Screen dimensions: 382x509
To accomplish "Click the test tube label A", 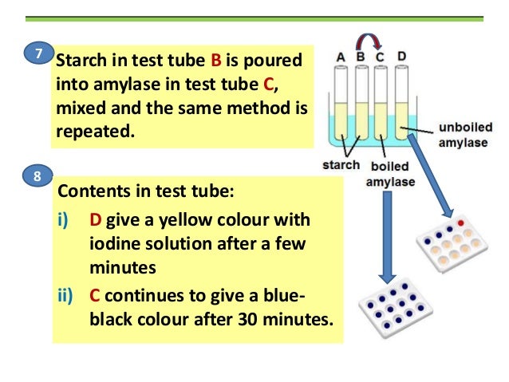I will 341,57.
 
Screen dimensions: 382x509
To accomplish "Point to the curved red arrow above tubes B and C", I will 371,41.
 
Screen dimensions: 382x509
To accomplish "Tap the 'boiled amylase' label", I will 389,174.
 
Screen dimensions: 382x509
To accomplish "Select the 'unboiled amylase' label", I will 466,134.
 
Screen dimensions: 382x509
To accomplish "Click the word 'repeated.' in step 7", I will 92,130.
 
